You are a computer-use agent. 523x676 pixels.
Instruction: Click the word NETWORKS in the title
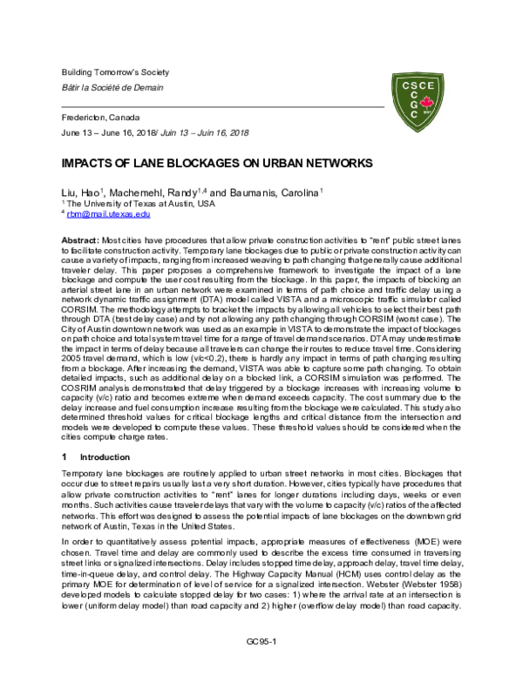287,164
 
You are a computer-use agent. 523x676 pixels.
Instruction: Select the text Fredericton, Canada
98,116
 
